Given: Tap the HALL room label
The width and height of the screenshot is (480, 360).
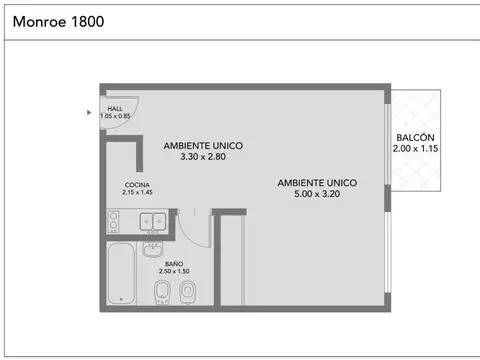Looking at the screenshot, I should (115, 109).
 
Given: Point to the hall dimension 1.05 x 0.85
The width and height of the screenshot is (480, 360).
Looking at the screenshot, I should (115, 117).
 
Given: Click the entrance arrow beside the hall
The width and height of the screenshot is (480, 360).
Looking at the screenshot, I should (89, 112).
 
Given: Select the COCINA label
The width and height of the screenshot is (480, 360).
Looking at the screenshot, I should (138, 185).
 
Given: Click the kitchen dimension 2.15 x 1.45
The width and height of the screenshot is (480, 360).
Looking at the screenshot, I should (138, 193).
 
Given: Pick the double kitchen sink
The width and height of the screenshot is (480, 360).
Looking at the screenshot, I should (153, 221).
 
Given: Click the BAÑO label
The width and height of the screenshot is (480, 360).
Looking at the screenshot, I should (174, 264).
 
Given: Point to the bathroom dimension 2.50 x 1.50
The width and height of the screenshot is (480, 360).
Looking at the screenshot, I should (174, 272).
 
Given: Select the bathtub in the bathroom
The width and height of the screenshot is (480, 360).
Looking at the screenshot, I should (121, 272).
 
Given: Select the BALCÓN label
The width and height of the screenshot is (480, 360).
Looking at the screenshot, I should (415, 137).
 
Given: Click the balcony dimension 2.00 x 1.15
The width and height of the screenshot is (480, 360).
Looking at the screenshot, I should (415, 148).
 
